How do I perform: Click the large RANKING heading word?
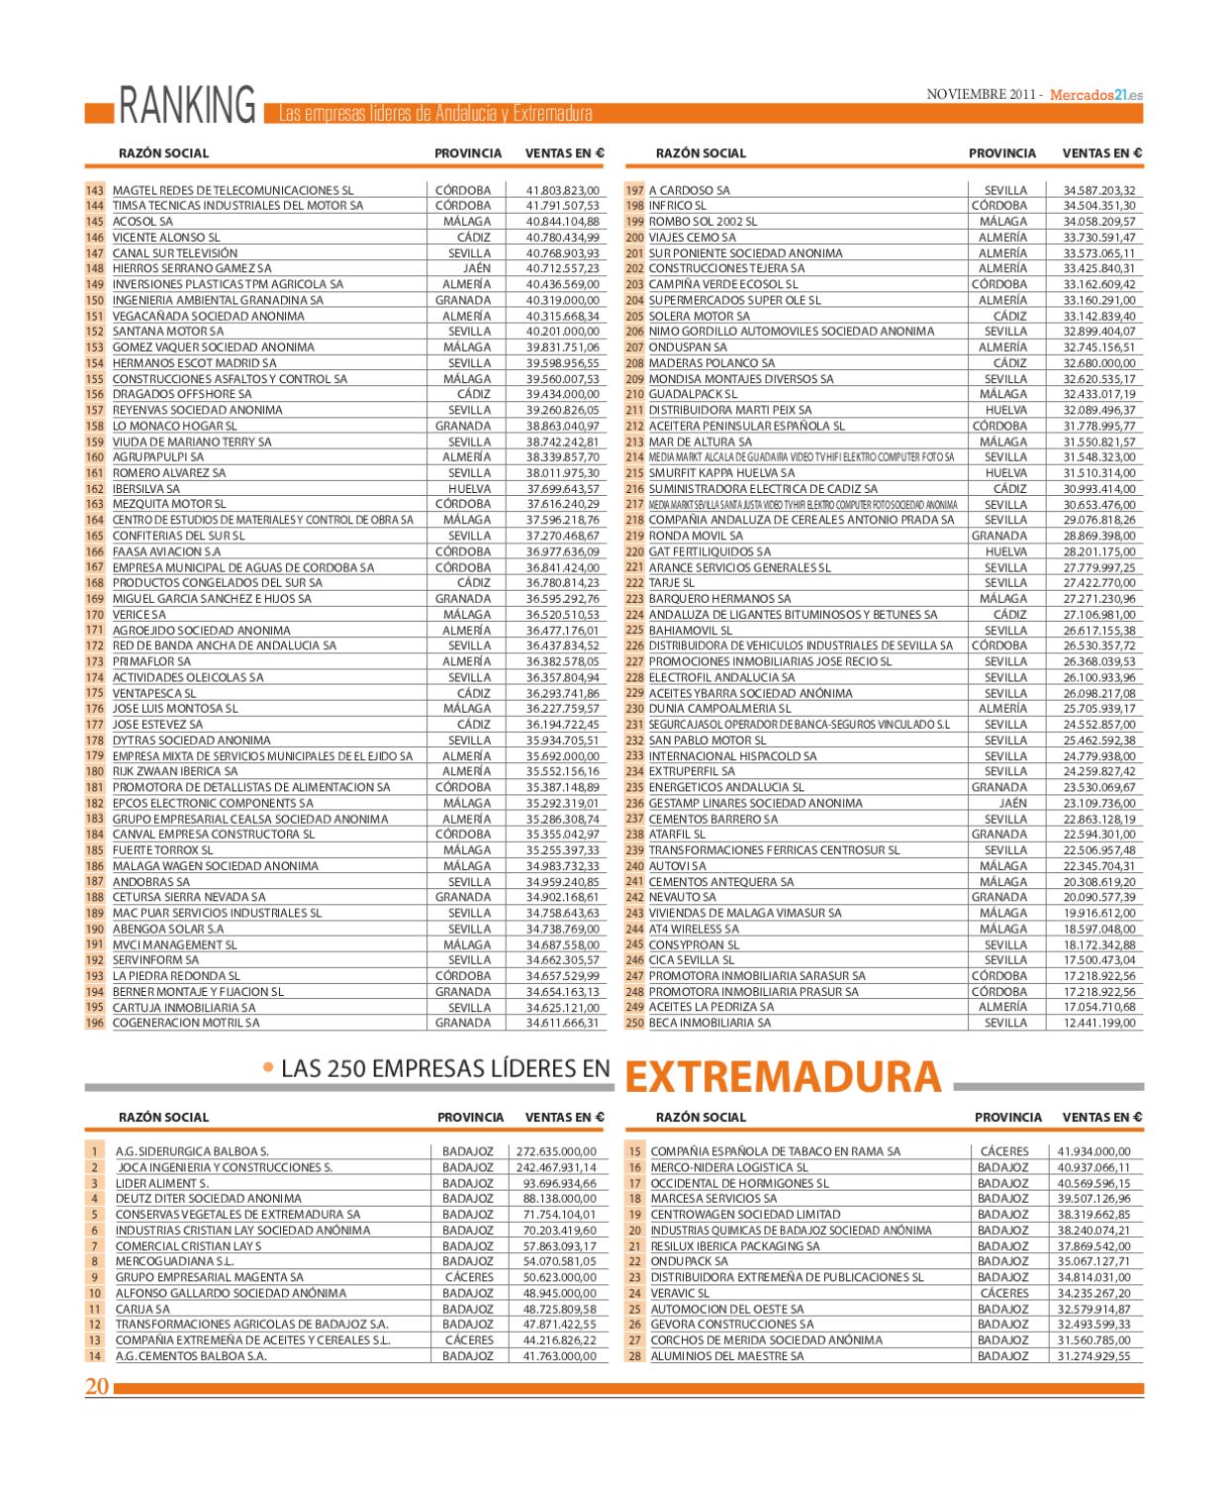[x=186, y=106]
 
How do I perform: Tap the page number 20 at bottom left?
[x=97, y=1387]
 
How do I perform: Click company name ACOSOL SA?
[x=142, y=222]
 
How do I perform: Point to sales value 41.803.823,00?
[x=562, y=190]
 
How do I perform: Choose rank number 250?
[x=634, y=1023]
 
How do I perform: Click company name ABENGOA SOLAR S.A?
[x=168, y=929]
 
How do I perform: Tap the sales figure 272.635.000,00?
[x=557, y=1151]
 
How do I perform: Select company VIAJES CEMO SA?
[x=693, y=238]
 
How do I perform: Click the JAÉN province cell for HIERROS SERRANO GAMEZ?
[x=476, y=268]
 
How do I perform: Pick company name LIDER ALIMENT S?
[x=162, y=1183]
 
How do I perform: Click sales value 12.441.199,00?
[x=1099, y=1023]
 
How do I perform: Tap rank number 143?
[x=95, y=190]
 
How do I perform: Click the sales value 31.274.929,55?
[x=1093, y=1356]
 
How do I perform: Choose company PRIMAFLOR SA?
[x=151, y=661]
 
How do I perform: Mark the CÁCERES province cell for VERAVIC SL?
[x=1004, y=1293]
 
